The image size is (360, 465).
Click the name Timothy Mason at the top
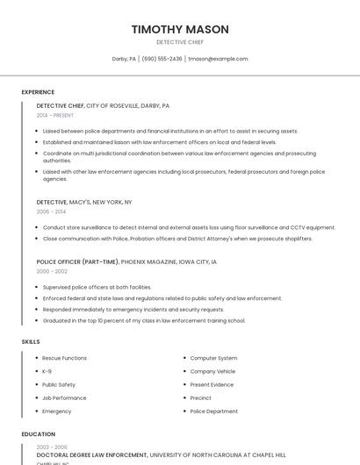pos(180,29)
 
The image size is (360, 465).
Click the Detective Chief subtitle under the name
pos(180,42)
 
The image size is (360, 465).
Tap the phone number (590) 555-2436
pos(162,59)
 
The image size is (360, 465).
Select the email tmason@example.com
pos(218,59)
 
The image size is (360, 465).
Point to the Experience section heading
pos(38,92)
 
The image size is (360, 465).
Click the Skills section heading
pos(31,341)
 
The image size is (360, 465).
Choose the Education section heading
pos(38,434)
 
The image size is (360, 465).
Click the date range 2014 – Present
pos(55,115)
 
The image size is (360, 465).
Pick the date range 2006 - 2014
pos(51,211)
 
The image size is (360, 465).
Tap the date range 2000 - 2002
pos(51,271)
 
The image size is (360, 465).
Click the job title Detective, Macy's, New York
pos(84,202)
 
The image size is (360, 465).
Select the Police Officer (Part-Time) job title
pos(78,261)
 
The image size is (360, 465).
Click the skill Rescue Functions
pos(64,358)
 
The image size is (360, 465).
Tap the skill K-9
pos(47,371)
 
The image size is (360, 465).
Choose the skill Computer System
pos(213,358)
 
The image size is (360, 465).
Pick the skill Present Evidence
pos(212,384)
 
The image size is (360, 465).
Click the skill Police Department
pos(213,411)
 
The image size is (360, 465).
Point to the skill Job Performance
pos(64,397)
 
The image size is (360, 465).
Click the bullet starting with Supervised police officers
pos(97,287)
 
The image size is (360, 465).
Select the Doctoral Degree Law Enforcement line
pos(92,455)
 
